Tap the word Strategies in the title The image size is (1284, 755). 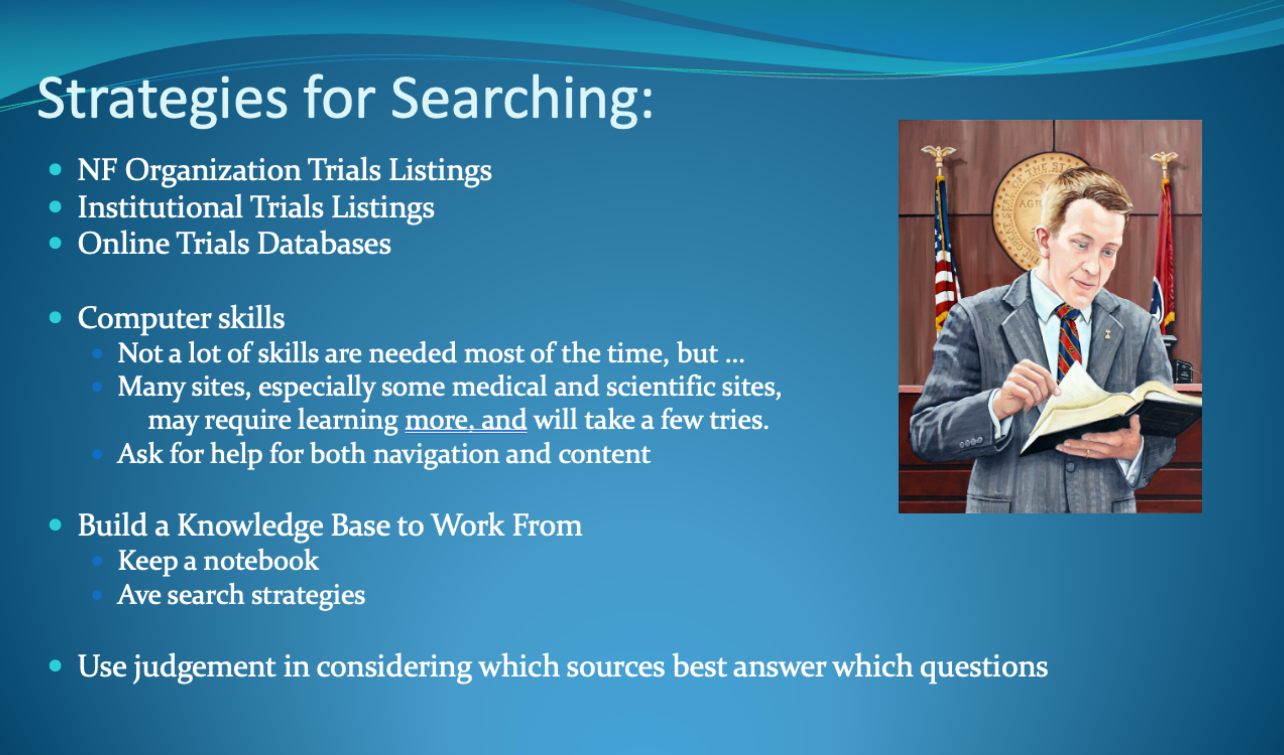(162, 99)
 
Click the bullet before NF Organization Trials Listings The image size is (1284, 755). (55, 170)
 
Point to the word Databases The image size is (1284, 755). (324, 243)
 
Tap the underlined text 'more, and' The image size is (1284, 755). (466, 420)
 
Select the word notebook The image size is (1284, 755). (261, 560)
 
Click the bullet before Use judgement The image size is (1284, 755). (55, 666)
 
